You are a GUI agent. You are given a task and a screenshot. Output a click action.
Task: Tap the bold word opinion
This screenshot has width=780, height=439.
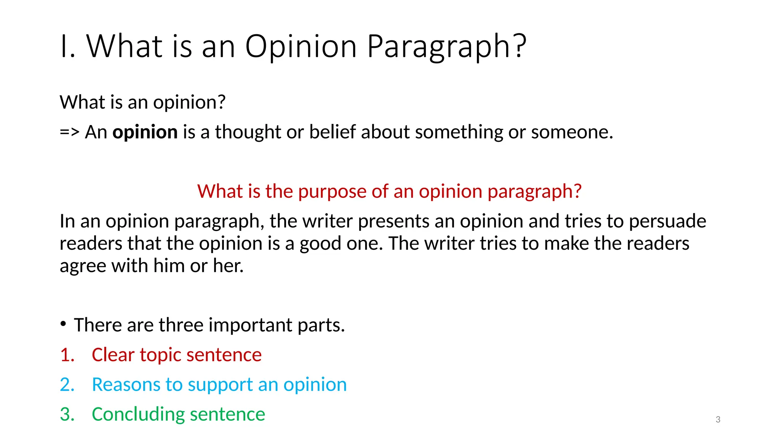pyautogui.click(x=145, y=132)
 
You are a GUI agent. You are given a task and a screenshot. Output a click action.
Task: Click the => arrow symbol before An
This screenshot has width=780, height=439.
pyautogui.click(x=70, y=132)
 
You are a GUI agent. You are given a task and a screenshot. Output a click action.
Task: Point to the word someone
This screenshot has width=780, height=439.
pyautogui.click(x=571, y=132)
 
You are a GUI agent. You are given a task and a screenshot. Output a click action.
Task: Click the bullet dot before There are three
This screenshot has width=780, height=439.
pyautogui.click(x=63, y=324)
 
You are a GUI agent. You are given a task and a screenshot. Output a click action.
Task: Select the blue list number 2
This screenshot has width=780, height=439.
pyautogui.click(x=66, y=385)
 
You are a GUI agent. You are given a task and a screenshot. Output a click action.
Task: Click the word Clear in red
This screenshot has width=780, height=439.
pyautogui.click(x=113, y=355)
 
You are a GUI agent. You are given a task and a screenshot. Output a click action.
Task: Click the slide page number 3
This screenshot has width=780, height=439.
pyautogui.click(x=718, y=420)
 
